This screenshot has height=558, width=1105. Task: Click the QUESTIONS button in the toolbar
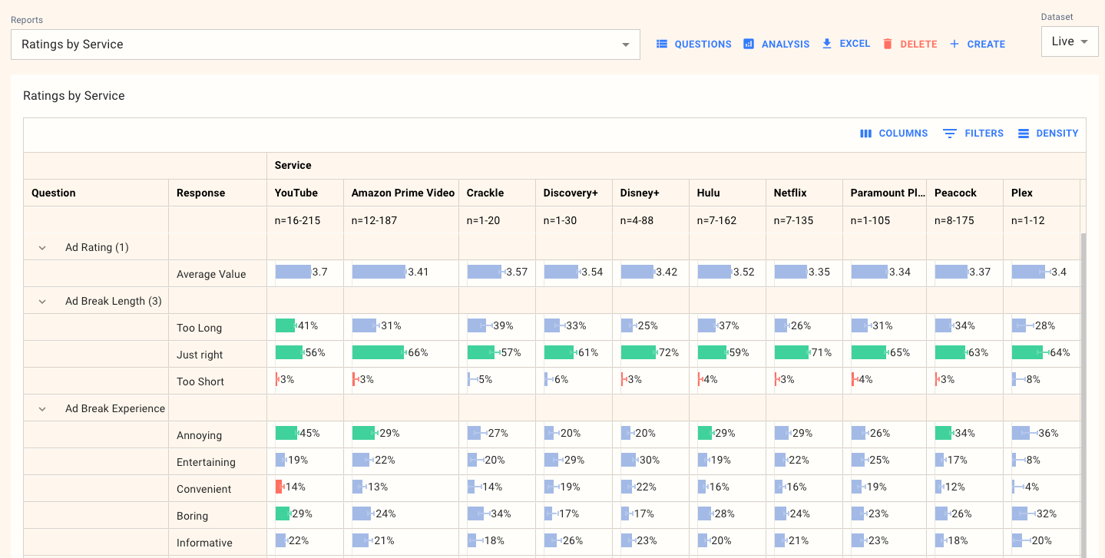694,45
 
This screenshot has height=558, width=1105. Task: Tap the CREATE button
978,45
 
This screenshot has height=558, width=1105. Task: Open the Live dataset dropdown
1070,41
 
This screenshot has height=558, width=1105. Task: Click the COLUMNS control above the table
894,134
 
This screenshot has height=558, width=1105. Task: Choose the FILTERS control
974,134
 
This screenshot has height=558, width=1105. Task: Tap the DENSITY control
1048,134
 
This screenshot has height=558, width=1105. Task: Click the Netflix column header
790,193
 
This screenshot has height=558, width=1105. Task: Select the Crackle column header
485,193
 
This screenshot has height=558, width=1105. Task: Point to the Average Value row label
211,274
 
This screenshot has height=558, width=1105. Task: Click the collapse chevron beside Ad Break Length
43,302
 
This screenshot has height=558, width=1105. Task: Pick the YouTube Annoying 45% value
309,433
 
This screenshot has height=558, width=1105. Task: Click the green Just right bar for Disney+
638,352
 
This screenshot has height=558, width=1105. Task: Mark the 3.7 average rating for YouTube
320,272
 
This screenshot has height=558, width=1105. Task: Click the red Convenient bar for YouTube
279,487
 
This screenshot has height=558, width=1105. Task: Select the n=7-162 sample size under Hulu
716,220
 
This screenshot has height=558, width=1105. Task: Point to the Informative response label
204,543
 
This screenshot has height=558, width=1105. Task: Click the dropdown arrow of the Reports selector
626,45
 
